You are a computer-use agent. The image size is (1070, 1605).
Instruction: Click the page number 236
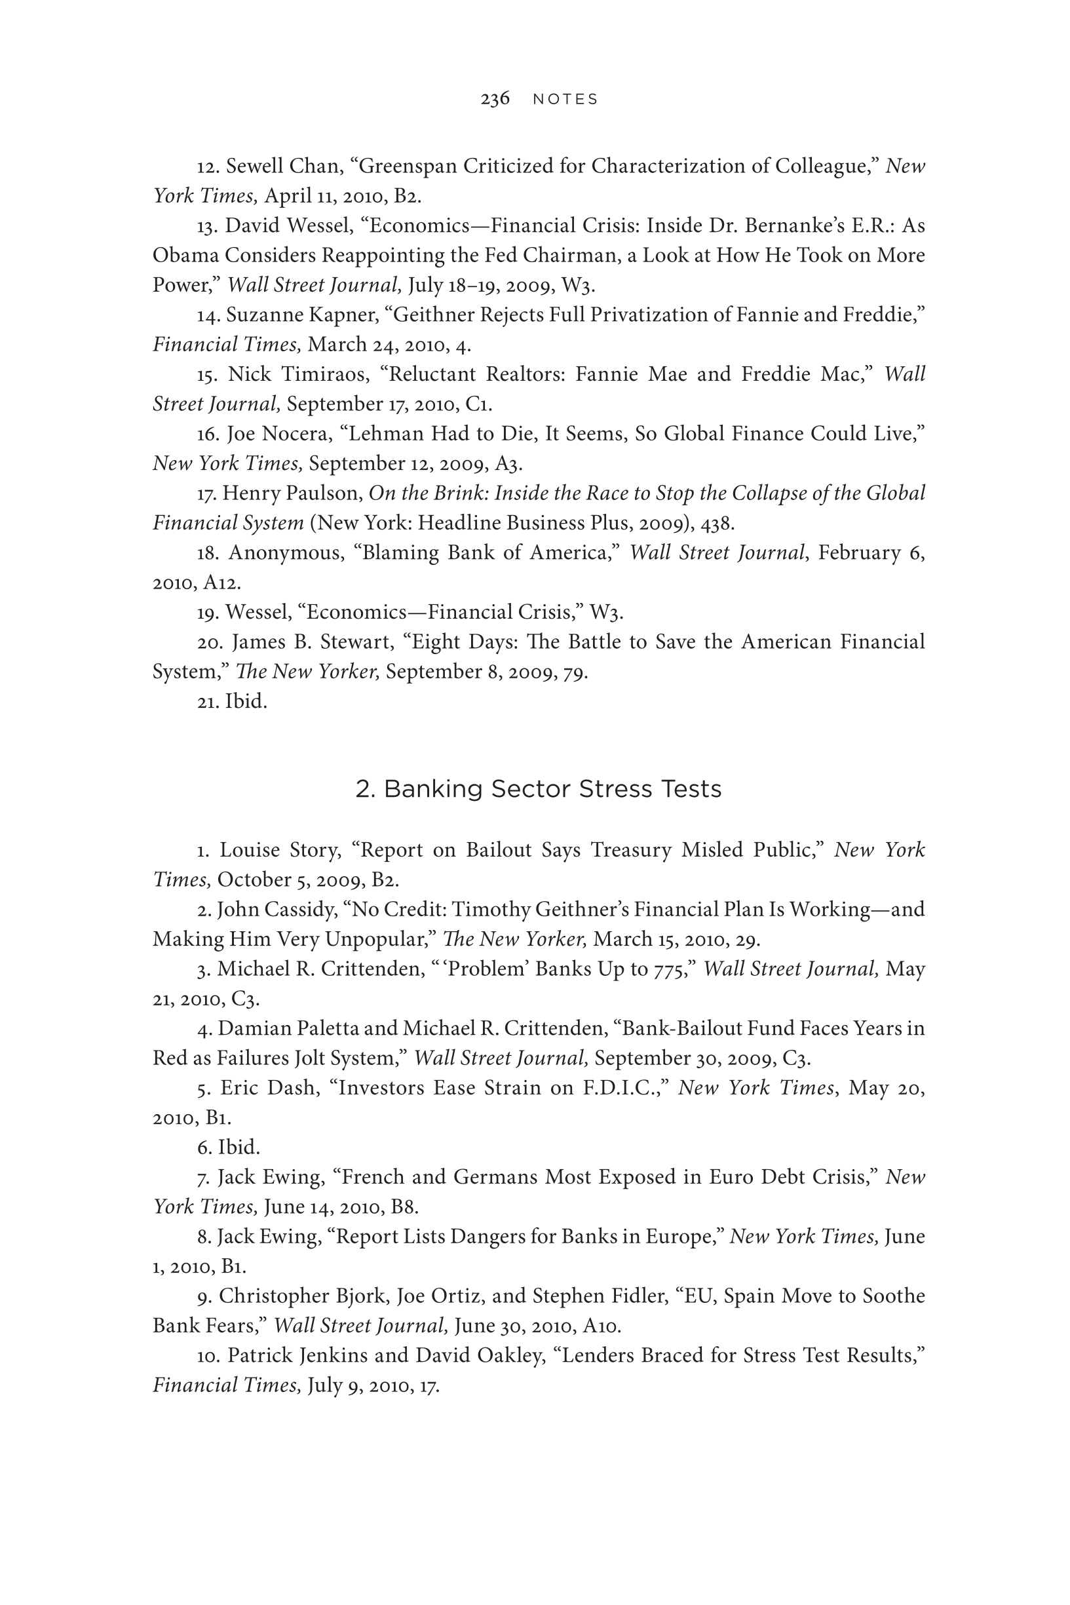tap(495, 99)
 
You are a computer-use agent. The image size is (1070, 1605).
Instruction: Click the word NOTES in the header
tap(565, 100)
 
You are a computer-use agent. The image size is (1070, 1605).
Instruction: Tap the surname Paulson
tap(326, 493)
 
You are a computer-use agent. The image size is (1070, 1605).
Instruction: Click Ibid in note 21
tap(245, 701)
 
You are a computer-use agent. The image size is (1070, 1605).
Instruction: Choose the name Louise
tap(250, 850)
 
